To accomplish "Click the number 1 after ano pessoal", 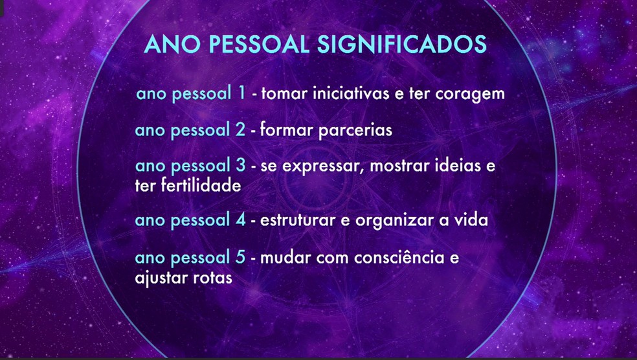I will [x=241, y=93].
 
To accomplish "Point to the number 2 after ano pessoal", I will [x=240, y=129].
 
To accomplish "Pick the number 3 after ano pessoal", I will [x=240, y=166].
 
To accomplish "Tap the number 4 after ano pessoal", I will [x=240, y=220].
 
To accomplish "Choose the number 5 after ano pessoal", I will [x=240, y=258].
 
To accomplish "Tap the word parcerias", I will [x=356, y=130].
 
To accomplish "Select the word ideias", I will [x=459, y=167].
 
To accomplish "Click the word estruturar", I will [x=297, y=220].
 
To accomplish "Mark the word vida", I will [x=471, y=220].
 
